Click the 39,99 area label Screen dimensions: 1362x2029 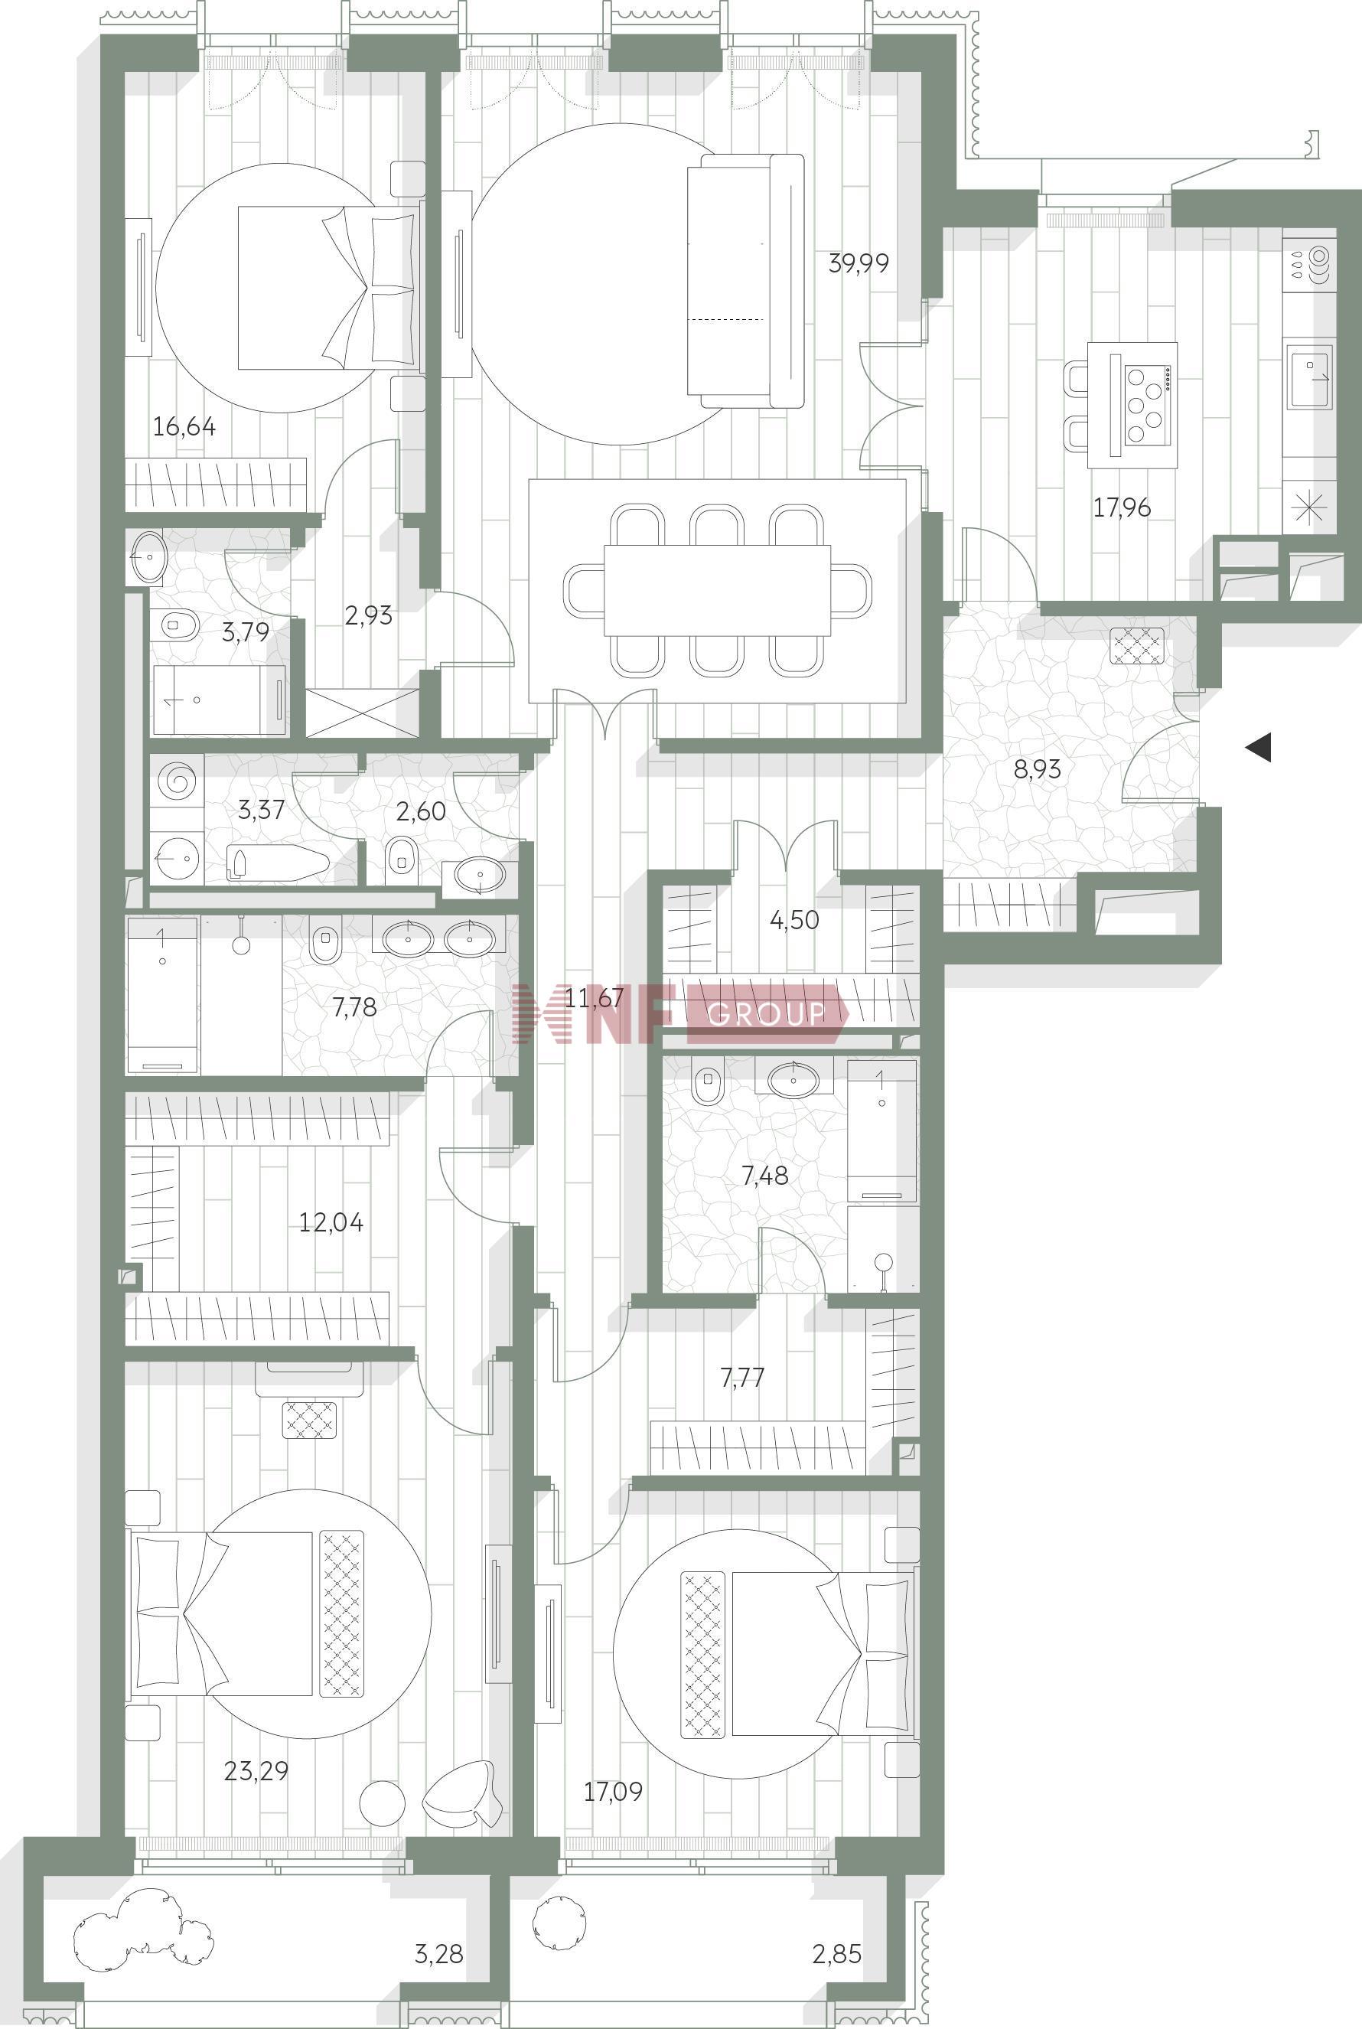pyautogui.click(x=859, y=263)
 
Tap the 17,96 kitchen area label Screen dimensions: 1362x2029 pyautogui.click(x=1122, y=507)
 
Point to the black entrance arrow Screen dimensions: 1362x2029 pyautogui.click(x=1259, y=747)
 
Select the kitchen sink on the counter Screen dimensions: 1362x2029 pyautogui.click(x=1310, y=376)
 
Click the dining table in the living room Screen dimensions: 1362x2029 pyautogui.click(x=717, y=591)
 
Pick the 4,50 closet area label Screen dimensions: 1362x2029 pyautogui.click(x=794, y=920)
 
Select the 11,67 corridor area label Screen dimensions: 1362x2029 pyautogui.click(x=594, y=997)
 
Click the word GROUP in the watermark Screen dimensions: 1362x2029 pyautogui.click(x=765, y=1013)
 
